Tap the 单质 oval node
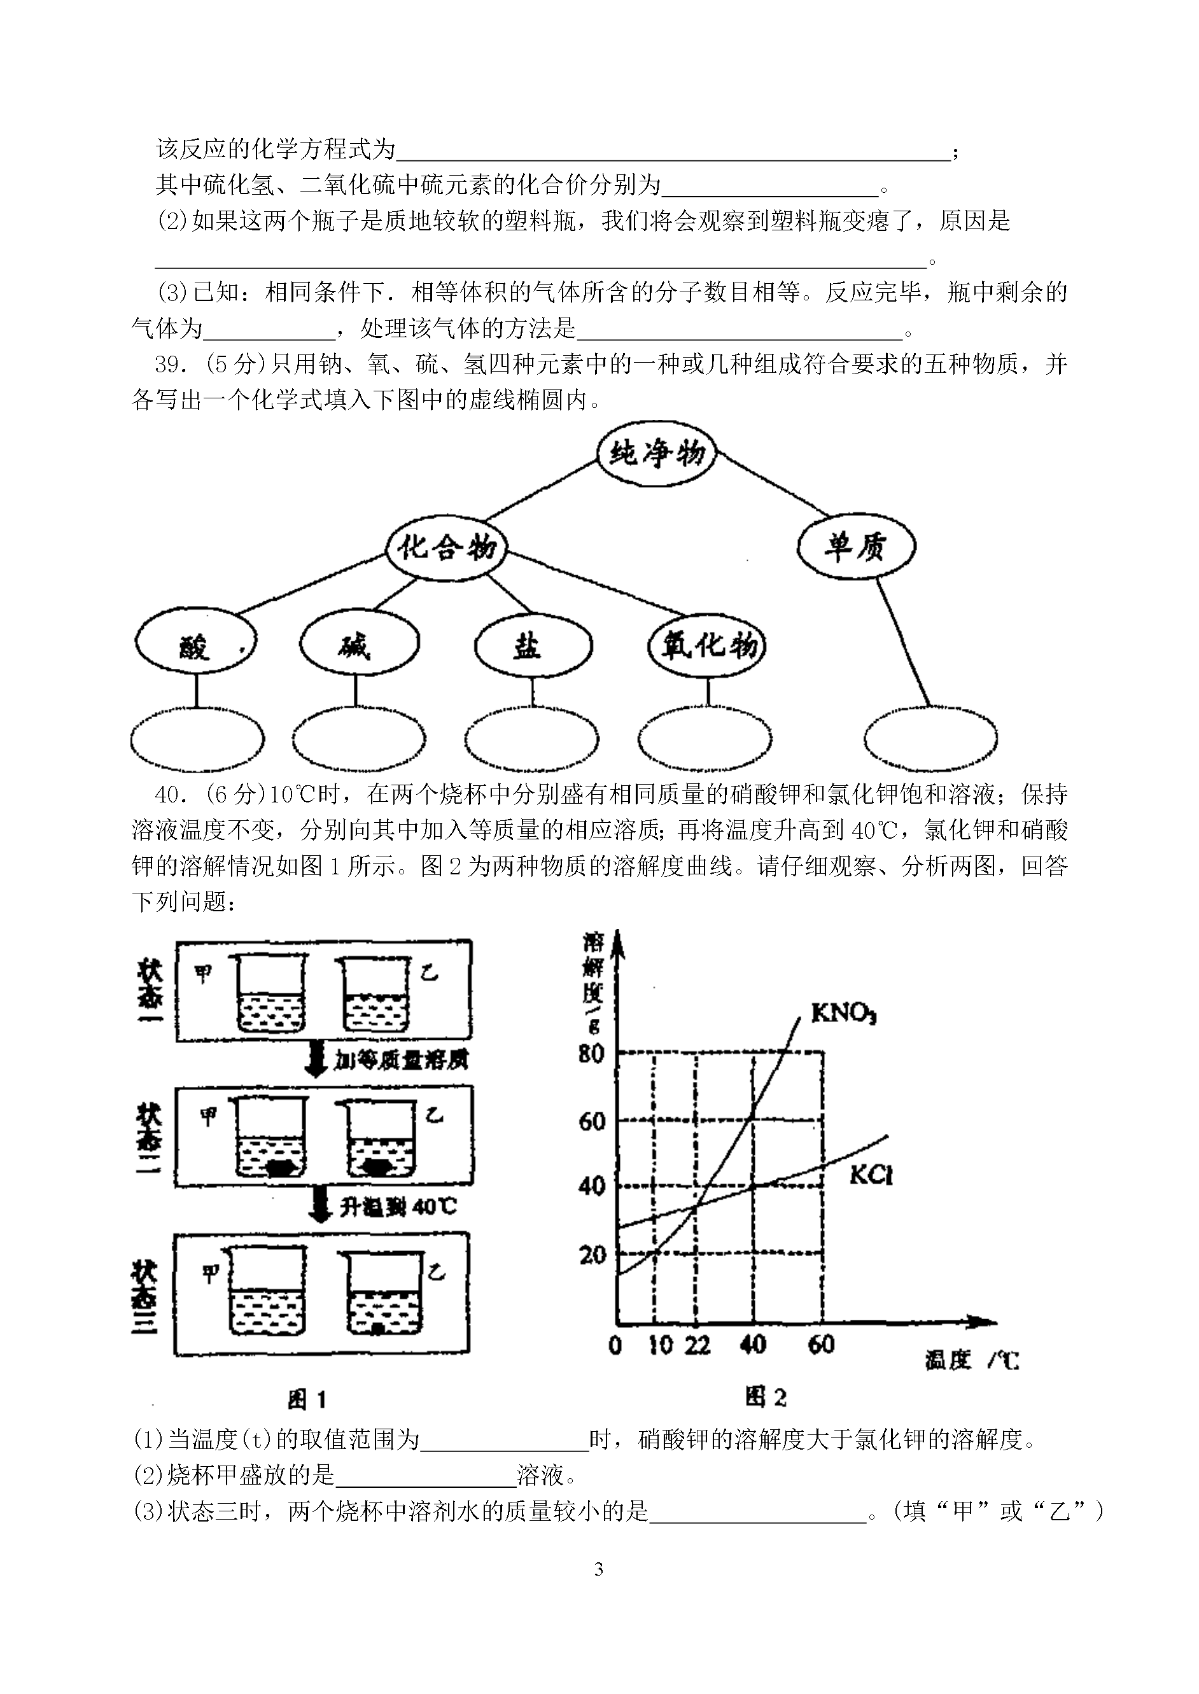tap(857, 547)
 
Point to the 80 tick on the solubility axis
tap(591, 1053)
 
